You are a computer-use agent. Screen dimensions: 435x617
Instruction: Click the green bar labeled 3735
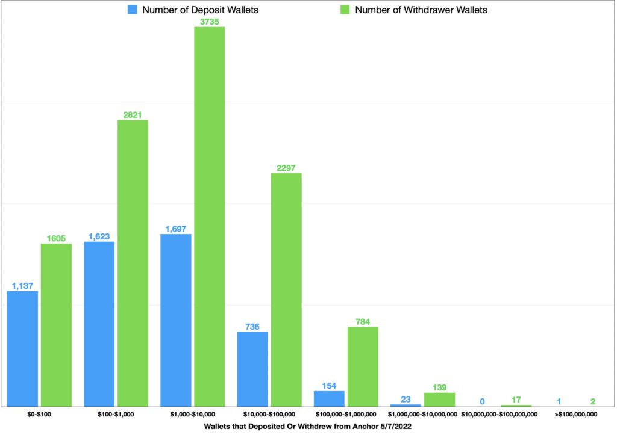coord(209,217)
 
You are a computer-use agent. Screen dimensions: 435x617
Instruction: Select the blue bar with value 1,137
coord(22,348)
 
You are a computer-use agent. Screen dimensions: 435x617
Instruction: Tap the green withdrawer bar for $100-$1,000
coord(133,263)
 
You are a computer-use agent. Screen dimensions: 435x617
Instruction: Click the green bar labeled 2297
coord(286,289)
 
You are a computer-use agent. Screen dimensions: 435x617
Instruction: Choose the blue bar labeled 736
coord(252,369)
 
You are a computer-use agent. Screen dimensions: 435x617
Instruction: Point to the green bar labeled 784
coord(363,366)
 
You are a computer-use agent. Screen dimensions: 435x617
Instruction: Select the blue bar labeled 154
coord(329,398)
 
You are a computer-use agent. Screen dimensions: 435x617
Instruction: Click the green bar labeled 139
coord(439,400)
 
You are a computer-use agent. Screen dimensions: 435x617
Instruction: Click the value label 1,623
coord(99,236)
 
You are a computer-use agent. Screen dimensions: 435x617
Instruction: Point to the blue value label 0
coord(482,401)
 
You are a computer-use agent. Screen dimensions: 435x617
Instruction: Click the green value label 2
coord(593,401)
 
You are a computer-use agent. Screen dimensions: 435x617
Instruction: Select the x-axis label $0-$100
coord(39,414)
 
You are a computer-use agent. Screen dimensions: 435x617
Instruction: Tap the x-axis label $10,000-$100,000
coord(269,414)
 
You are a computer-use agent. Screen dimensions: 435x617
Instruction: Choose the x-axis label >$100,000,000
coord(576,414)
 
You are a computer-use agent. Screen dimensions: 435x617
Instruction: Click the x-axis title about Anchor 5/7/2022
coord(307,425)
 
